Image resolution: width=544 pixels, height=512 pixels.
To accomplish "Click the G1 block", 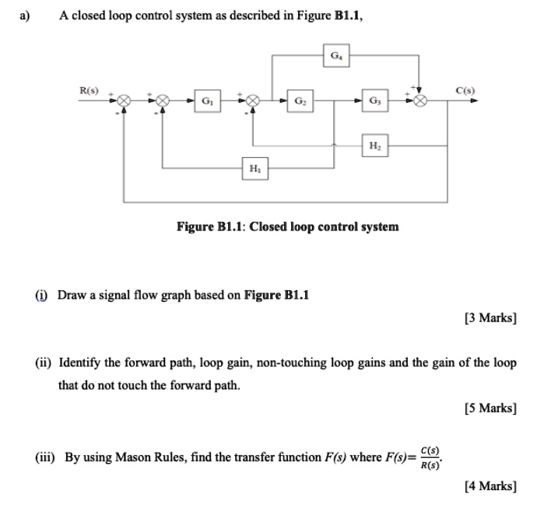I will (x=206, y=101).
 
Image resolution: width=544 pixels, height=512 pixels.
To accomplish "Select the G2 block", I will (x=300, y=101).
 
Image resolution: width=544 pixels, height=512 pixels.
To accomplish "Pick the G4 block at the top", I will (x=335, y=55).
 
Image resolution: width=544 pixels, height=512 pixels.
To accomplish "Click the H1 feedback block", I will (x=254, y=168).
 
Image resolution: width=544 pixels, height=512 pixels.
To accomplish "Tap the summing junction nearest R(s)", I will (x=124, y=101).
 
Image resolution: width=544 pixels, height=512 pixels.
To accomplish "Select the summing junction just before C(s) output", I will (x=420, y=101).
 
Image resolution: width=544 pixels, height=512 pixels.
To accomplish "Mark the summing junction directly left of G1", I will (x=163, y=101).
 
